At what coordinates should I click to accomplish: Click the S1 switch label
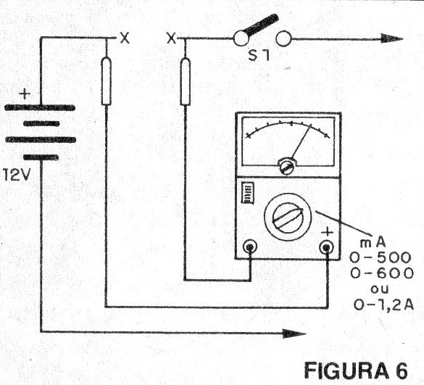259,55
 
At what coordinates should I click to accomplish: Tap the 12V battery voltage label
16,175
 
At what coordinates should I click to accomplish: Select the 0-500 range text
381,258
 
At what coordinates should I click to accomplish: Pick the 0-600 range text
382,273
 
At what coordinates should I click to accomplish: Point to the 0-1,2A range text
383,305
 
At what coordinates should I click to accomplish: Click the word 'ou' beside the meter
380,289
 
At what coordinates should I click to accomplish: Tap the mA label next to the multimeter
373,243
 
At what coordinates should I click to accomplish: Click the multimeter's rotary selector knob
288,217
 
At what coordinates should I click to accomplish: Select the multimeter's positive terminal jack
326,247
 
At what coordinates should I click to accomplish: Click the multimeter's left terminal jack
250,247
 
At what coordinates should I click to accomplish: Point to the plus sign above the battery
25,94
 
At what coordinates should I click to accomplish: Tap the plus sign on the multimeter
328,232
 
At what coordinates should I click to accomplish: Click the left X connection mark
125,38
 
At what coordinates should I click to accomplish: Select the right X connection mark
172,38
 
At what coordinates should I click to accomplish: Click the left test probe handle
107,81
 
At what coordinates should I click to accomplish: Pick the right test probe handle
186,81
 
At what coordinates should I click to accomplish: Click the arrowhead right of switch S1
392,38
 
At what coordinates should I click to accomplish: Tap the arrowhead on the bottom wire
294,334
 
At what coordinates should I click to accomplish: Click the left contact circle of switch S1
241,38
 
